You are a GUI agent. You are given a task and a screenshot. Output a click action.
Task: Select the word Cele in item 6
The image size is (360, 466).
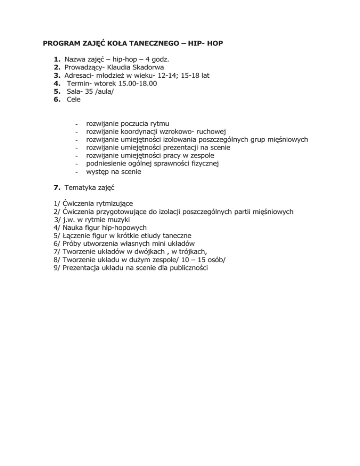click(74, 91)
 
